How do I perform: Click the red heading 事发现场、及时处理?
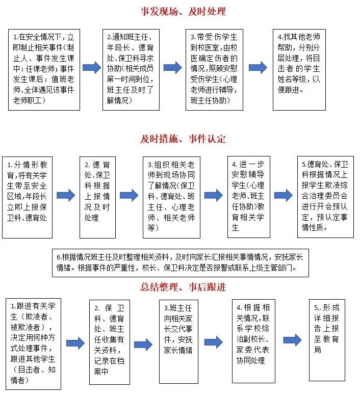coord(183,12)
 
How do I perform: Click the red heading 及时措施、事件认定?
coord(183,139)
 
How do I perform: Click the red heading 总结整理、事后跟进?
coord(183,287)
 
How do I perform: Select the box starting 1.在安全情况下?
coord(44,70)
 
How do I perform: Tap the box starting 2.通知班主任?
coord(131,70)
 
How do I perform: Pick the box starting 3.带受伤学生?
coord(214,70)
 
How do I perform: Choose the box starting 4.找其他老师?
coord(299,70)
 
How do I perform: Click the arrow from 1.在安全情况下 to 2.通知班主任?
coord(92,67)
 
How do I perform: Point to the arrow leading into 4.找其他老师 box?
coord(258,67)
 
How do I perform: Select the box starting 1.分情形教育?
coord(28,197)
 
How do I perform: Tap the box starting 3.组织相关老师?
coord(171,197)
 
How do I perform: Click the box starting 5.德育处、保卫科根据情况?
coord(325,197)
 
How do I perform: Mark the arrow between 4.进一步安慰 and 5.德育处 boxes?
coord(284,195)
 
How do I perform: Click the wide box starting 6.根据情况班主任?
coord(181,263)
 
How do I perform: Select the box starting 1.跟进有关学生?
coord(33,344)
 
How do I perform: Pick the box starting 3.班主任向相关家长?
coord(178,341)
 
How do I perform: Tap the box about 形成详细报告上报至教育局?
coord(327,340)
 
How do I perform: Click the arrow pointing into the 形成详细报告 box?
coord(293,340)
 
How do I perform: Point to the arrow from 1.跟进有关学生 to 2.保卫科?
coord(75,343)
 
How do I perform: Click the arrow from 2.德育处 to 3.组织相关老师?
coord(129,195)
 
